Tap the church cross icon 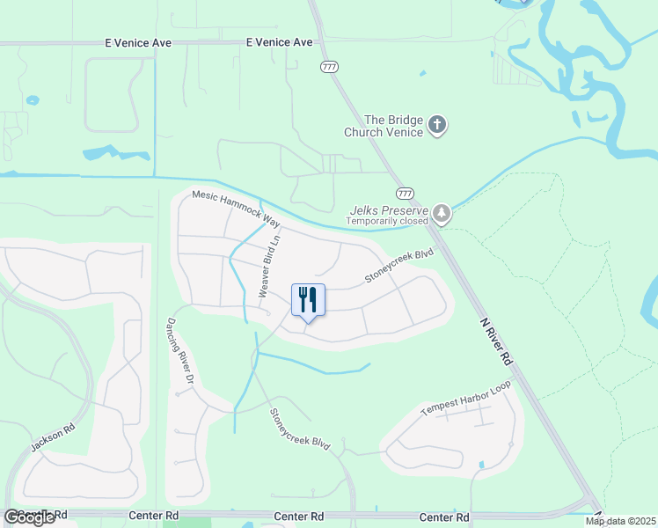(438, 126)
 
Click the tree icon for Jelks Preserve (442, 214)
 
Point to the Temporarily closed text (386, 221)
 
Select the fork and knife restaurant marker (308, 301)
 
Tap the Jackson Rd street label (52, 436)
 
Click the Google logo (29, 517)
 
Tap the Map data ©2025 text (620, 521)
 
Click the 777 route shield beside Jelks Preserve (405, 194)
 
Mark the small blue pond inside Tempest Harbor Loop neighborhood (480, 464)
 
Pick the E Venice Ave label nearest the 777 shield (279, 41)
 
